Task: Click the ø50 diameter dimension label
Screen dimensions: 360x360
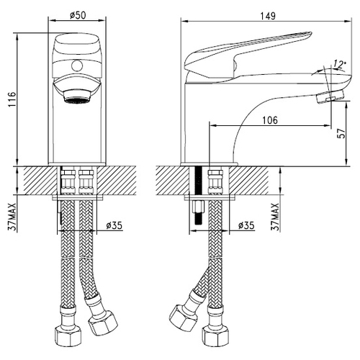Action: pos(78,15)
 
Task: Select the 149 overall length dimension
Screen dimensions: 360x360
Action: pos(268,16)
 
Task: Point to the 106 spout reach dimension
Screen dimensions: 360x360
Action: pos(269,120)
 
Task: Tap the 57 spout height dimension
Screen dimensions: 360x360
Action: pos(341,133)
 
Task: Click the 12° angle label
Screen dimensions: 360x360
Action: pos(338,64)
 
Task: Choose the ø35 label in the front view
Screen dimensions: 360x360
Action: pos(114,225)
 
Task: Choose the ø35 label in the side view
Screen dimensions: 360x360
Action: pos(246,225)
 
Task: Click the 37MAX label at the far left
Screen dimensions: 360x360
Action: pos(12,217)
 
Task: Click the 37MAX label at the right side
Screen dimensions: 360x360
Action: pos(276,217)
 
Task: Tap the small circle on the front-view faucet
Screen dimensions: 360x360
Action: pos(77,66)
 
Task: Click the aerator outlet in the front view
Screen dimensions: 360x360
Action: pos(77,98)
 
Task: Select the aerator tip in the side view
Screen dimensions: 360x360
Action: pos(330,96)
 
